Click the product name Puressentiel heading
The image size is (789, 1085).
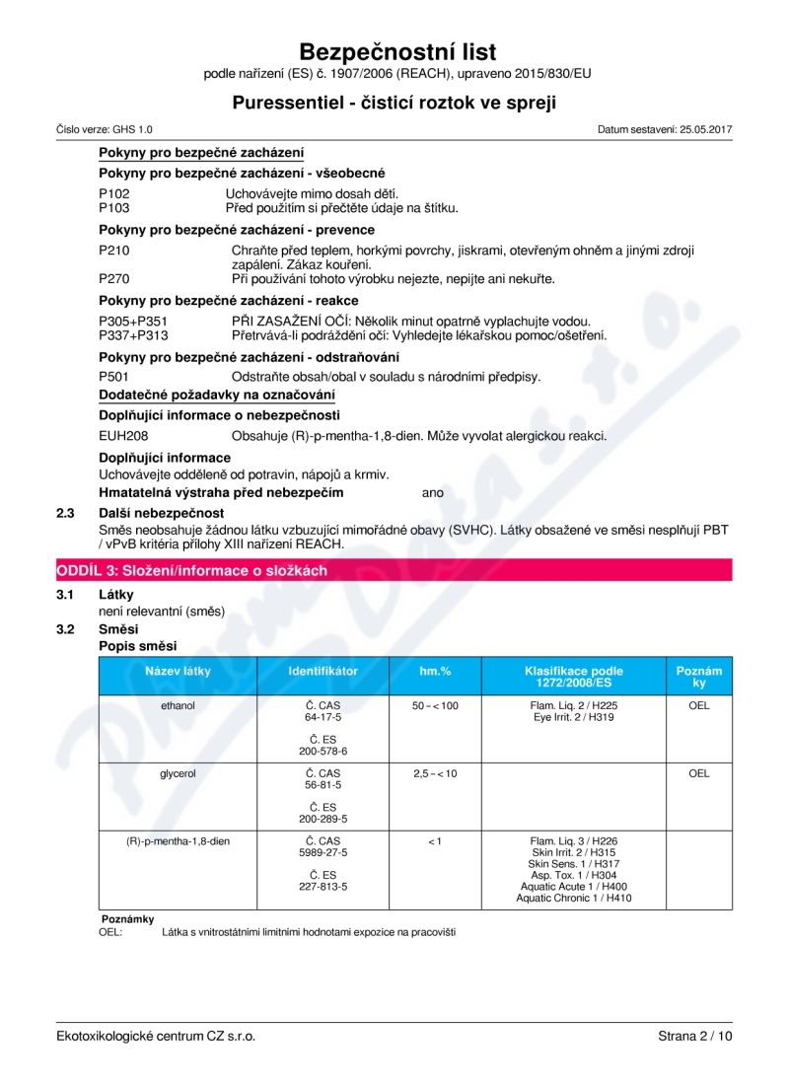click(x=394, y=103)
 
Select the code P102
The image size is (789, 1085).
click(x=114, y=193)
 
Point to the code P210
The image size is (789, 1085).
click(x=114, y=251)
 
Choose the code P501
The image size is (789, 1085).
click(x=114, y=377)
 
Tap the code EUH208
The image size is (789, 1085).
click(x=123, y=435)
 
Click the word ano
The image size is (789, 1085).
click(x=432, y=492)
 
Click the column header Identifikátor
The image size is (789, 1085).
click(x=323, y=671)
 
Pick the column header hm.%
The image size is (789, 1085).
click(x=435, y=671)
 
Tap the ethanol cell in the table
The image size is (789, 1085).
click(x=178, y=706)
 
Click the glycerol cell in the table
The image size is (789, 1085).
click(x=178, y=773)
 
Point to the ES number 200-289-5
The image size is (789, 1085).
click(x=323, y=819)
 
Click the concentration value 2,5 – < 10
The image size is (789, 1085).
click(x=435, y=773)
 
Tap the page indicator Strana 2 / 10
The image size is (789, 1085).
click(x=695, y=1036)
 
